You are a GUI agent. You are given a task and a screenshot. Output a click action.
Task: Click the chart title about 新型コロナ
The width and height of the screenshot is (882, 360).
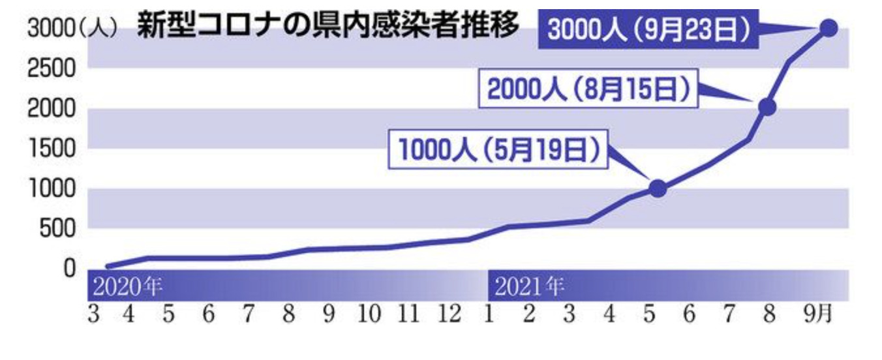pos(328,27)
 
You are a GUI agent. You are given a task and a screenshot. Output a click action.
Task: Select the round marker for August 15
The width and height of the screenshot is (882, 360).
pos(767,107)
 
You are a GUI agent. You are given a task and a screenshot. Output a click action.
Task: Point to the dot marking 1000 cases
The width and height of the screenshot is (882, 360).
pos(658,188)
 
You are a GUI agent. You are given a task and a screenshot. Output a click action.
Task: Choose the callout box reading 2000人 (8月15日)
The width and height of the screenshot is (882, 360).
pos(588,91)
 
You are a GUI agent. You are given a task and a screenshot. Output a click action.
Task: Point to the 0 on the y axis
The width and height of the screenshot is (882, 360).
pos(69,268)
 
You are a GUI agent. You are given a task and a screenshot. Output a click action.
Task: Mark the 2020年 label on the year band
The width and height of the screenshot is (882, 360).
pos(127,286)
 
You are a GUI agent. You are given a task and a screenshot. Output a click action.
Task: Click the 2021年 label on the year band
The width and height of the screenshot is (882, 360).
pos(528,286)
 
